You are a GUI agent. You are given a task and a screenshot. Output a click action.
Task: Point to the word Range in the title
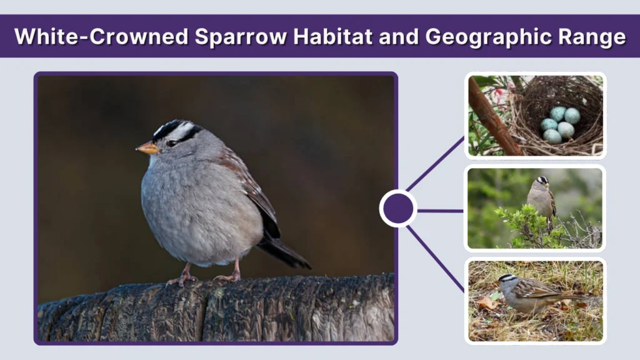tap(594, 37)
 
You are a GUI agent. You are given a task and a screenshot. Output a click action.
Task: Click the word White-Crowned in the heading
tap(101, 37)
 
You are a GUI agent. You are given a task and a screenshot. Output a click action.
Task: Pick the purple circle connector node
tap(398, 209)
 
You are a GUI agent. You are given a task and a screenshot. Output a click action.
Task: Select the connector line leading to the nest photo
tap(436, 163)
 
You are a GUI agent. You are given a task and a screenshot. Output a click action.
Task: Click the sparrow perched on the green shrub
tap(541, 197)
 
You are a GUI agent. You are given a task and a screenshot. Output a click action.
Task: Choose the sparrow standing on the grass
tap(528, 293)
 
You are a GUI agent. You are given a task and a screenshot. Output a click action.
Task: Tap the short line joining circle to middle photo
tap(441, 211)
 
